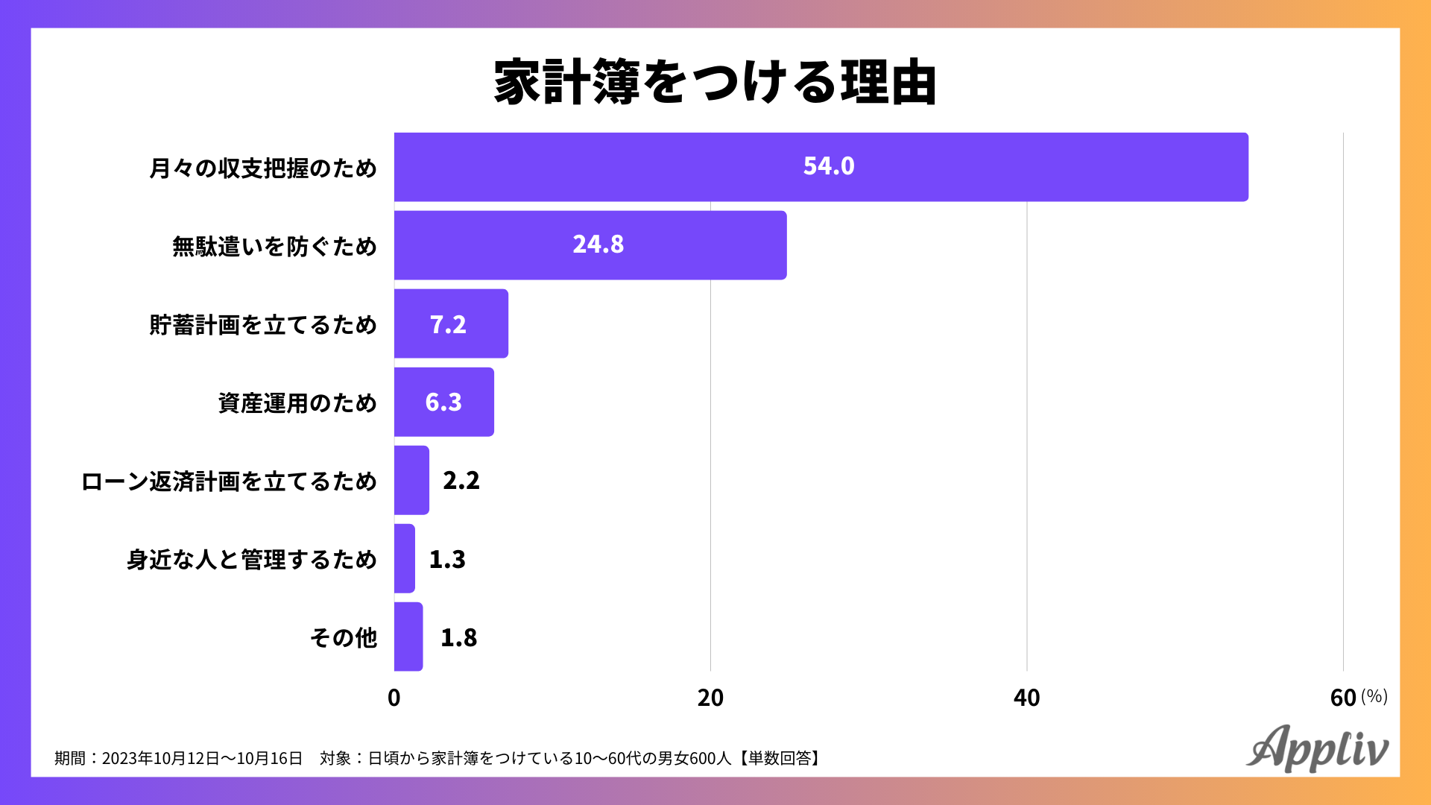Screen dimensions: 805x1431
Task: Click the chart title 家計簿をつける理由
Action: (x=715, y=82)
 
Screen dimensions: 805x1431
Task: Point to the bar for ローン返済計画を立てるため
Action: (x=411, y=480)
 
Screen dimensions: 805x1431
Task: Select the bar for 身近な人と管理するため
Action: (x=405, y=558)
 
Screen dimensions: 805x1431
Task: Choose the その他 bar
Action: (x=408, y=637)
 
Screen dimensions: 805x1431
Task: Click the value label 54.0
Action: (x=829, y=166)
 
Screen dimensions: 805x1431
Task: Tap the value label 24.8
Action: (x=598, y=244)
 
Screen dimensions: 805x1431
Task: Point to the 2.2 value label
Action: (x=461, y=481)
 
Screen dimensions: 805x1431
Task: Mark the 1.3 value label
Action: (x=447, y=559)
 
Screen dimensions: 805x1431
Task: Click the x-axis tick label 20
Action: (x=710, y=698)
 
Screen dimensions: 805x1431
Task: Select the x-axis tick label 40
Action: (x=1026, y=698)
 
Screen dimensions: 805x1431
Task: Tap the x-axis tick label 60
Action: (x=1342, y=698)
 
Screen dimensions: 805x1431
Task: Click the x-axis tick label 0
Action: (x=394, y=698)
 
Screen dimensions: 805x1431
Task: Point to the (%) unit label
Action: (x=1374, y=696)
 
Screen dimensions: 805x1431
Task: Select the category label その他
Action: (x=344, y=638)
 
